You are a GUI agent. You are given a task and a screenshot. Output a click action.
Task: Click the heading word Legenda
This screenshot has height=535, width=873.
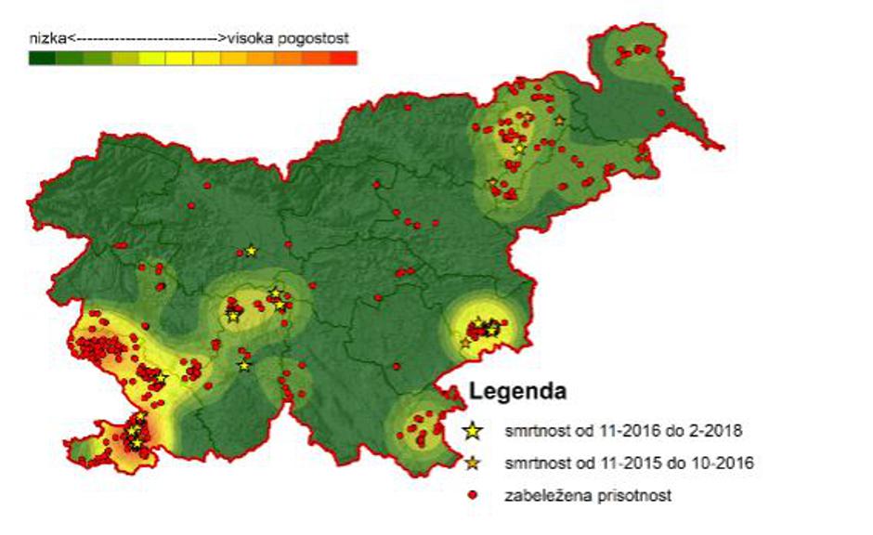[x=518, y=391]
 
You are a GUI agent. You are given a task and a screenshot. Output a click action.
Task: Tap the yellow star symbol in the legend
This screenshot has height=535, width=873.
[x=474, y=431]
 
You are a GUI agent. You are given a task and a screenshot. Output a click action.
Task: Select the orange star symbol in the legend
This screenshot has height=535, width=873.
[x=474, y=463]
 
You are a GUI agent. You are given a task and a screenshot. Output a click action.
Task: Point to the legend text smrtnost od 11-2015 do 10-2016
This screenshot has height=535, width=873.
[x=628, y=463]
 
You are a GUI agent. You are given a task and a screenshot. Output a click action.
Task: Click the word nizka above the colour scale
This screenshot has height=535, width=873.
[x=46, y=39]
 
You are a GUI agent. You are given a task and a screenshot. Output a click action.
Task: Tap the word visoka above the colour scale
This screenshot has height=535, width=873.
[x=249, y=39]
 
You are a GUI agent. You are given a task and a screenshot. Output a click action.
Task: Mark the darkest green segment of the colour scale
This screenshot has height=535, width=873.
[x=42, y=58]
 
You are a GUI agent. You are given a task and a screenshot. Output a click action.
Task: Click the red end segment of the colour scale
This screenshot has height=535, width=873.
[x=345, y=58]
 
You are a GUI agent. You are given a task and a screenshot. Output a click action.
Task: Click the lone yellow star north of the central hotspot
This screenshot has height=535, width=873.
[x=251, y=251]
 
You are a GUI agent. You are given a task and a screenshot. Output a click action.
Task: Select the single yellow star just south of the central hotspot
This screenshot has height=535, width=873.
[x=244, y=365]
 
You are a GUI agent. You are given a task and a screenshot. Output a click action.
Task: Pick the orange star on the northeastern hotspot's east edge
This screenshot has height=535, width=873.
[x=559, y=120]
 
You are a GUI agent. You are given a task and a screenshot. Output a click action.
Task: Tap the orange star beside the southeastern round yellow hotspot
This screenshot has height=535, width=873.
[x=465, y=343]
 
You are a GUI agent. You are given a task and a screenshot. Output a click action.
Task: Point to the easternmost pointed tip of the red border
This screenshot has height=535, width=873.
[x=723, y=146]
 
